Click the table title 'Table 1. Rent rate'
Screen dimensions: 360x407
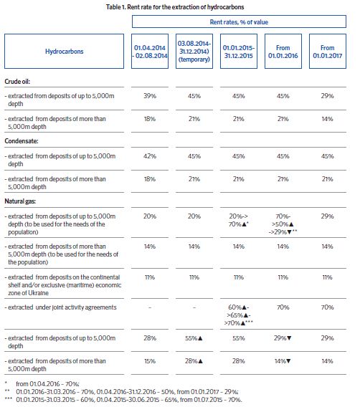click(x=175, y=7)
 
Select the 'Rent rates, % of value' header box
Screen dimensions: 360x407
click(x=239, y=21)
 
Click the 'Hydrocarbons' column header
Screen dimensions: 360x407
click(x=64, y=51)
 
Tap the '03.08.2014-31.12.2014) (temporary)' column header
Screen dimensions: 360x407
click(x=194, y=51)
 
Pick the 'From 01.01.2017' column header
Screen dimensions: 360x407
click(x=328, y=51)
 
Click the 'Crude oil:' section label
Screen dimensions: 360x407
click(x=17, y=82)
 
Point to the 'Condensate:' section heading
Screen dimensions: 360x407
click(x=22, y=141)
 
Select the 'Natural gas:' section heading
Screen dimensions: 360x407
click(x=20, y=201)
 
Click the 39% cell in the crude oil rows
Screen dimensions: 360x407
click(x=150, y=96)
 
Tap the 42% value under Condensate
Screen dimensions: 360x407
click(x=150, y=156)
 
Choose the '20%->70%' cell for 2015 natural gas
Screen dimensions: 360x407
click(x=238, y=220)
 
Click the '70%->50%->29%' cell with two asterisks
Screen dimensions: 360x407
click(x=283, y=224)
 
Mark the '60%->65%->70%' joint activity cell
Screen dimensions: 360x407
click(x=238, y=315)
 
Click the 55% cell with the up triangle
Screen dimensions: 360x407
click(x=194, y=338)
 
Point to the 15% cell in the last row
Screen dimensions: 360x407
click(x=150, y=361)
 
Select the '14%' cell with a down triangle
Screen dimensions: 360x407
click(x=283, y=361)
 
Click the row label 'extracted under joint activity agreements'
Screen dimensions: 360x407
click(x=60, y=307)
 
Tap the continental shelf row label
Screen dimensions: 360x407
click(x=63, y=285)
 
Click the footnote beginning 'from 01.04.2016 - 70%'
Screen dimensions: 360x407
click(x=47, y=383)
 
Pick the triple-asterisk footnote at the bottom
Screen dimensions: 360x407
click(x=123, y=400)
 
